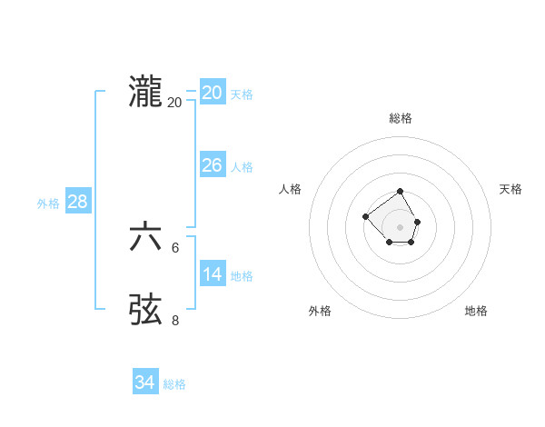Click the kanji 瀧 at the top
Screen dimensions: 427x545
coord(146,93)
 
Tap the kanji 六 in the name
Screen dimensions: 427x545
coord(146,237)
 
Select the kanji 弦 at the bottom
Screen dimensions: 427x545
coord(146,310)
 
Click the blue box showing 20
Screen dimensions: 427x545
coord(212,92)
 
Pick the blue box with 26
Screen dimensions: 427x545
coord(212,164)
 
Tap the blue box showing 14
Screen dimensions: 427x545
coord(212,273)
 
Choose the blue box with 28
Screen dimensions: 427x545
coord(77,201)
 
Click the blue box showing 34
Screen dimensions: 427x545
coord(144,382)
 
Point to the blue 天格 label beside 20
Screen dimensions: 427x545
coord(242,94)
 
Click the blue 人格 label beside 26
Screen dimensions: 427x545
coord(242,167)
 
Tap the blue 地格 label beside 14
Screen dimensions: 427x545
coord(242,276)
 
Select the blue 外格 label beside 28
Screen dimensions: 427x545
coord(48,204)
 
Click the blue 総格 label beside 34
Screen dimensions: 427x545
coord(174,385)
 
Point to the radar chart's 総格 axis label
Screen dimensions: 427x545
coord(401,118)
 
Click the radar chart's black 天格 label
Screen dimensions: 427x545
coord(511,189)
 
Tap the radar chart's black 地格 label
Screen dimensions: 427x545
coord(476,311)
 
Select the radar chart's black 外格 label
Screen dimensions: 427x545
coord(320,311)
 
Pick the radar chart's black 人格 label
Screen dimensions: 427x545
coord(291,189)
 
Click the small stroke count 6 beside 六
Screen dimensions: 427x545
coord(175,247)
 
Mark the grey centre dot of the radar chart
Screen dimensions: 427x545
coord(401,226)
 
